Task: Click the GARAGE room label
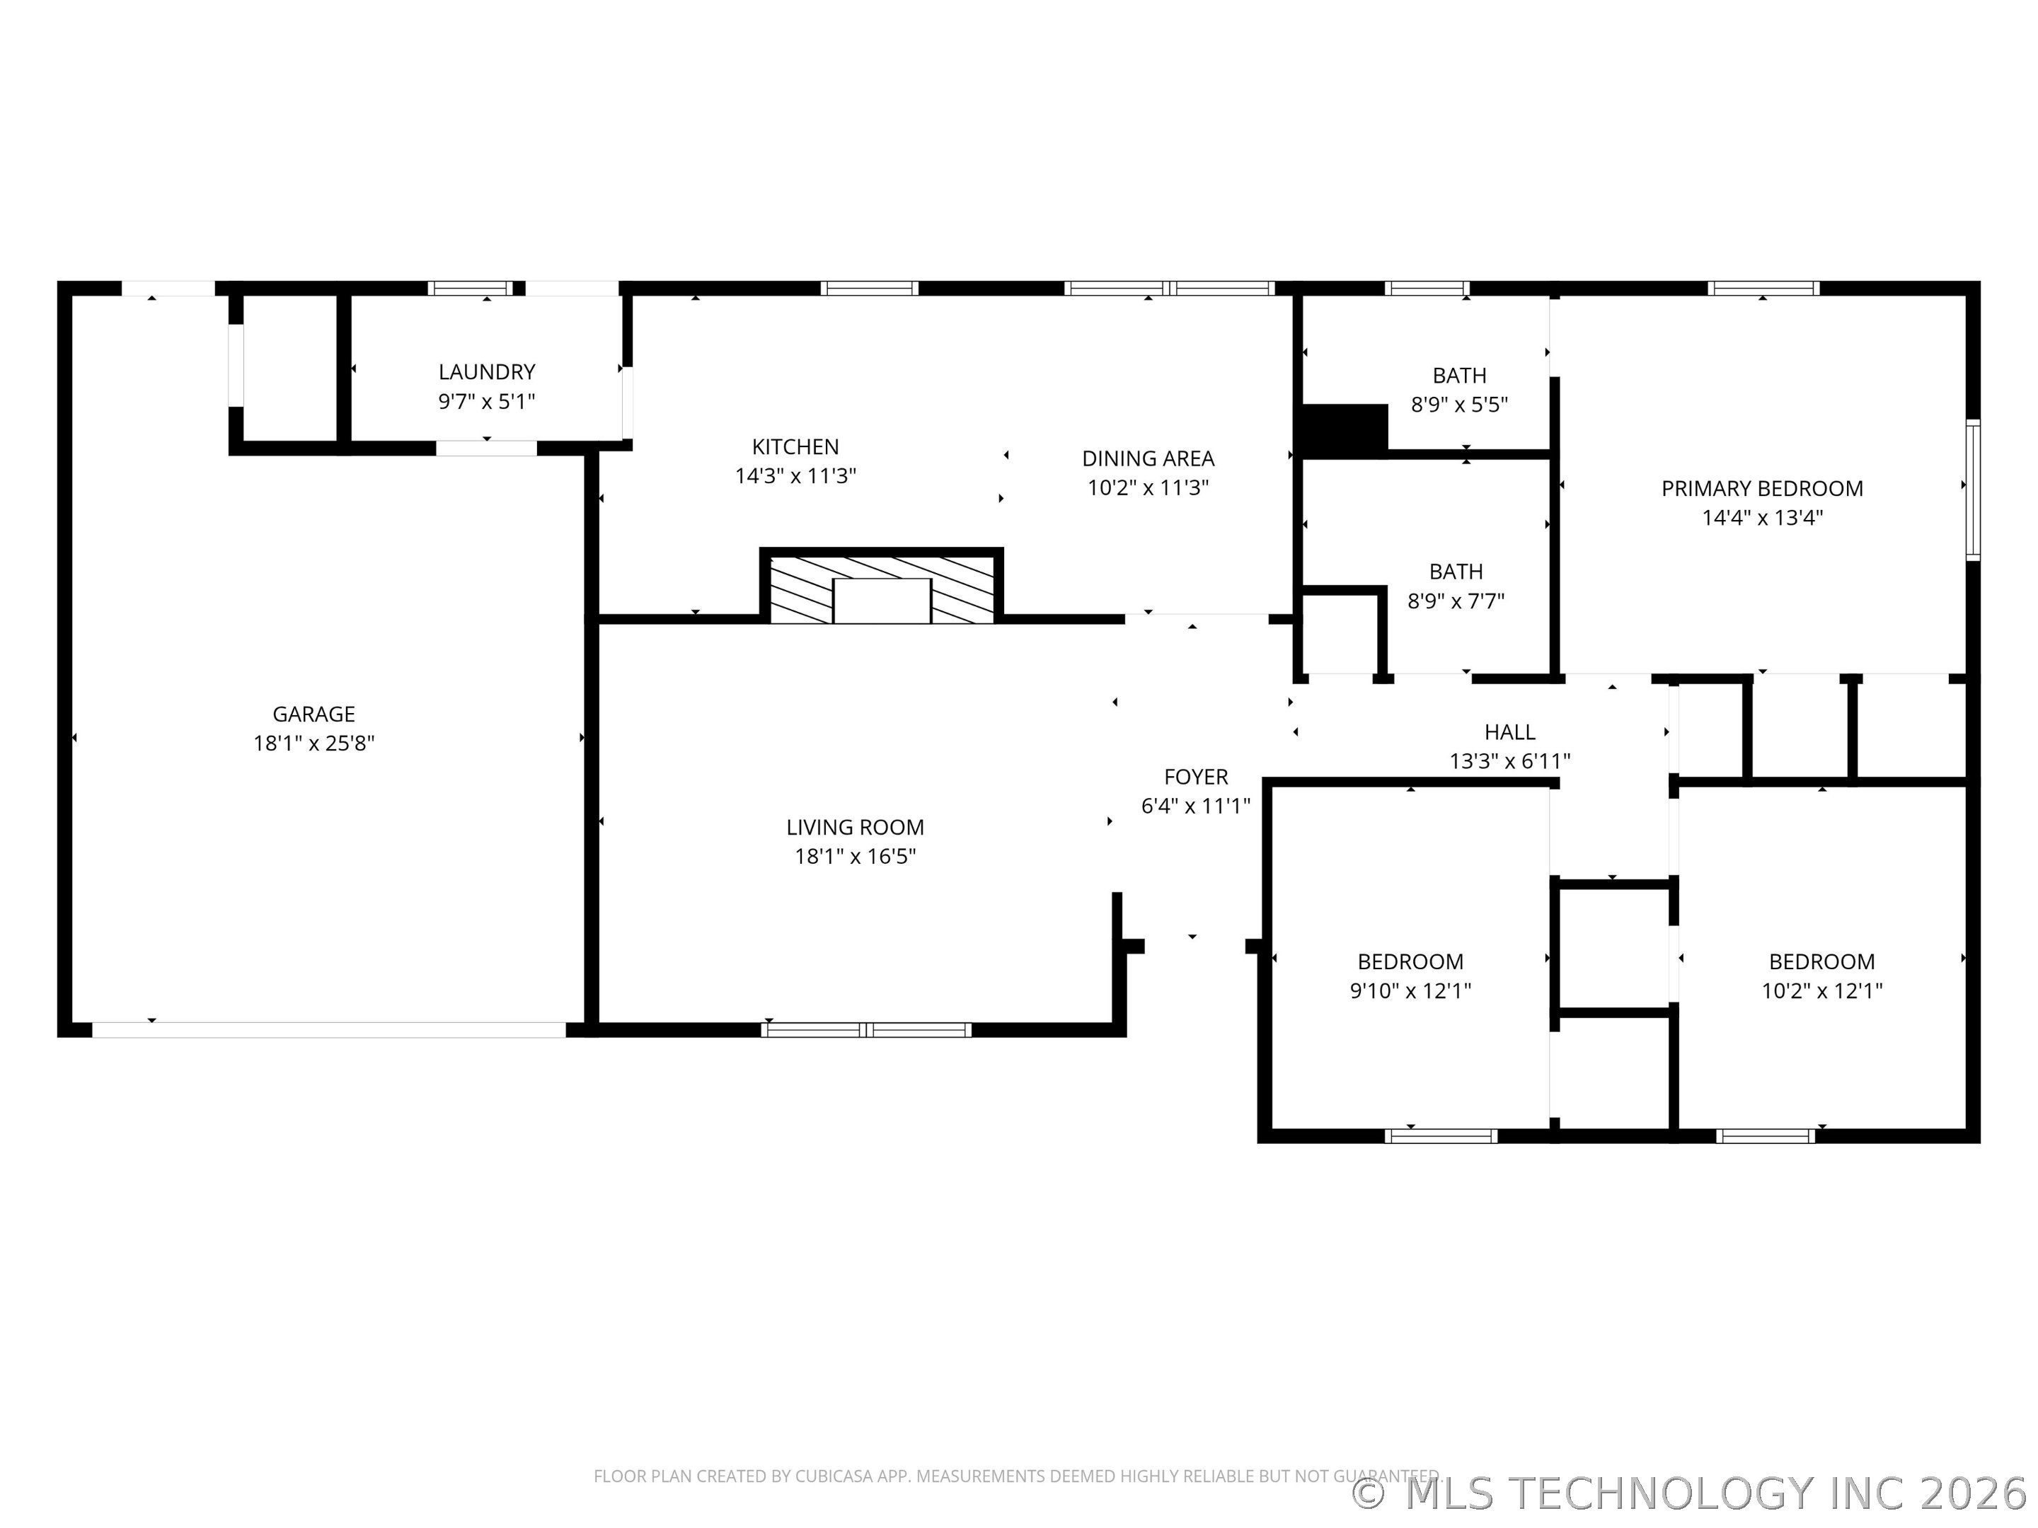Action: (313, 714)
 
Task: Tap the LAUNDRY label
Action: (486, 372)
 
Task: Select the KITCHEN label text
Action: (795, 446)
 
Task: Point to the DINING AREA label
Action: (1148, 458)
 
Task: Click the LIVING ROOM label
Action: (855, 827)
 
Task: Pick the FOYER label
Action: (1196, 777)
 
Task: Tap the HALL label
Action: (1510, 732)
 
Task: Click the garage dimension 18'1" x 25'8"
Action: (314, 743)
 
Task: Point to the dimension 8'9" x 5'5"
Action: (1459, 405)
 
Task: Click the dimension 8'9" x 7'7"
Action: (1456, 601)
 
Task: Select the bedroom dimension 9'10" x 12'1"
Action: (1410, 991)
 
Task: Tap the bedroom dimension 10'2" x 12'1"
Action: (1821, 991)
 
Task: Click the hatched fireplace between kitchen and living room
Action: (882, 586)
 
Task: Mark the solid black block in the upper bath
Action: (1343, 429)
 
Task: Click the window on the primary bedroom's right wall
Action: (1973, 490)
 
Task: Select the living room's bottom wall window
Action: (866, 1030)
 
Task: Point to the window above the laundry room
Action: (471, 289)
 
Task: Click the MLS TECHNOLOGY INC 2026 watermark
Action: (1693, 1493)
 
